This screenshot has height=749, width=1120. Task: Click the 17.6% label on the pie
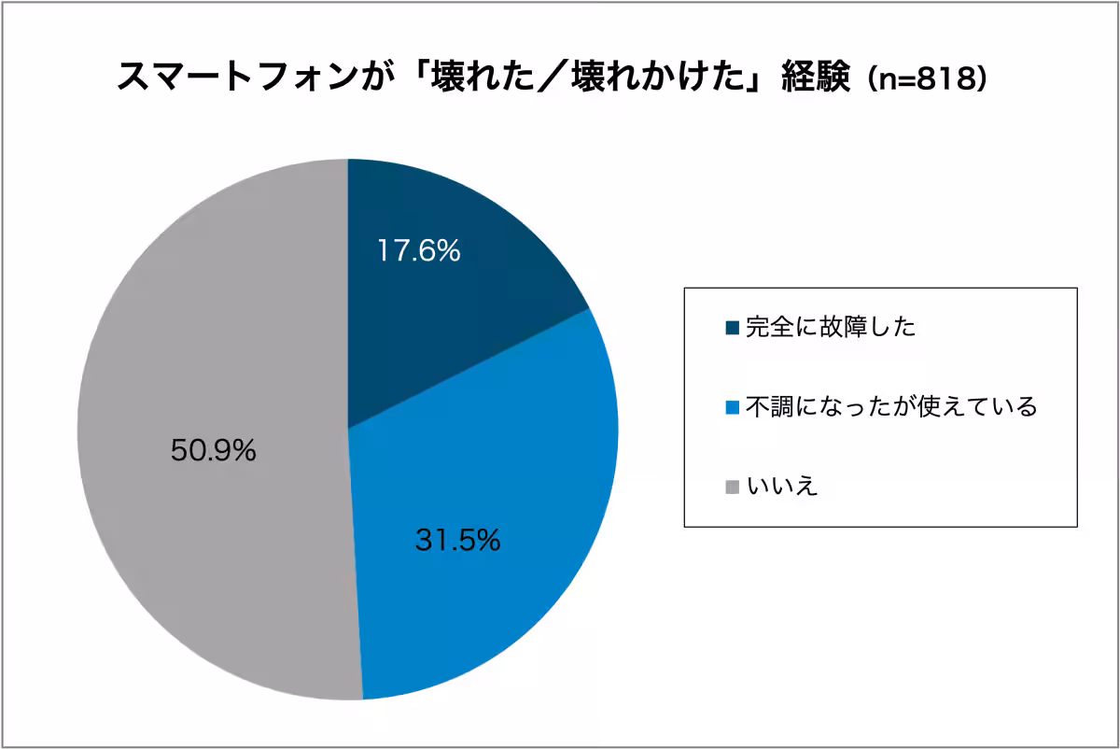[x=419, y=250]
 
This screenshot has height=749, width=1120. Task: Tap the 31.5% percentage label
[x=457, y=540]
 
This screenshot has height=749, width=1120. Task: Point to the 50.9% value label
[x=214, y=451]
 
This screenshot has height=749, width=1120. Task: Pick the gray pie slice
[x=215, y=374]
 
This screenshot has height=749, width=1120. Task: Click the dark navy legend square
[x=732, y=327]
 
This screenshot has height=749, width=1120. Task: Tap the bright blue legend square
[x=732, y=407]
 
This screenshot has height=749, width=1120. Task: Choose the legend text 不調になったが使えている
[x=891, y=407]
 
